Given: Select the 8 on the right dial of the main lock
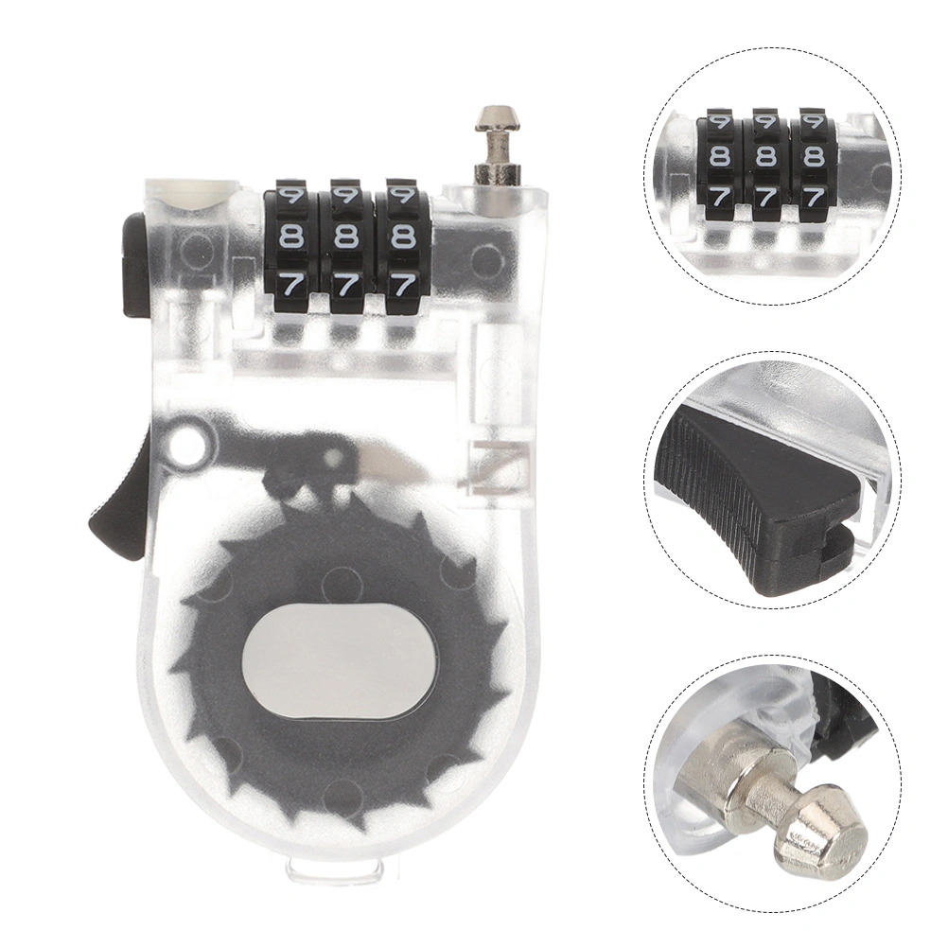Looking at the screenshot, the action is click(x=400, y=236).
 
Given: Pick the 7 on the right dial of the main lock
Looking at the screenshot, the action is click(x=401, y=284).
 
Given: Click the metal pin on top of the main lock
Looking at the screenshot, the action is click(x=497, y=144).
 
